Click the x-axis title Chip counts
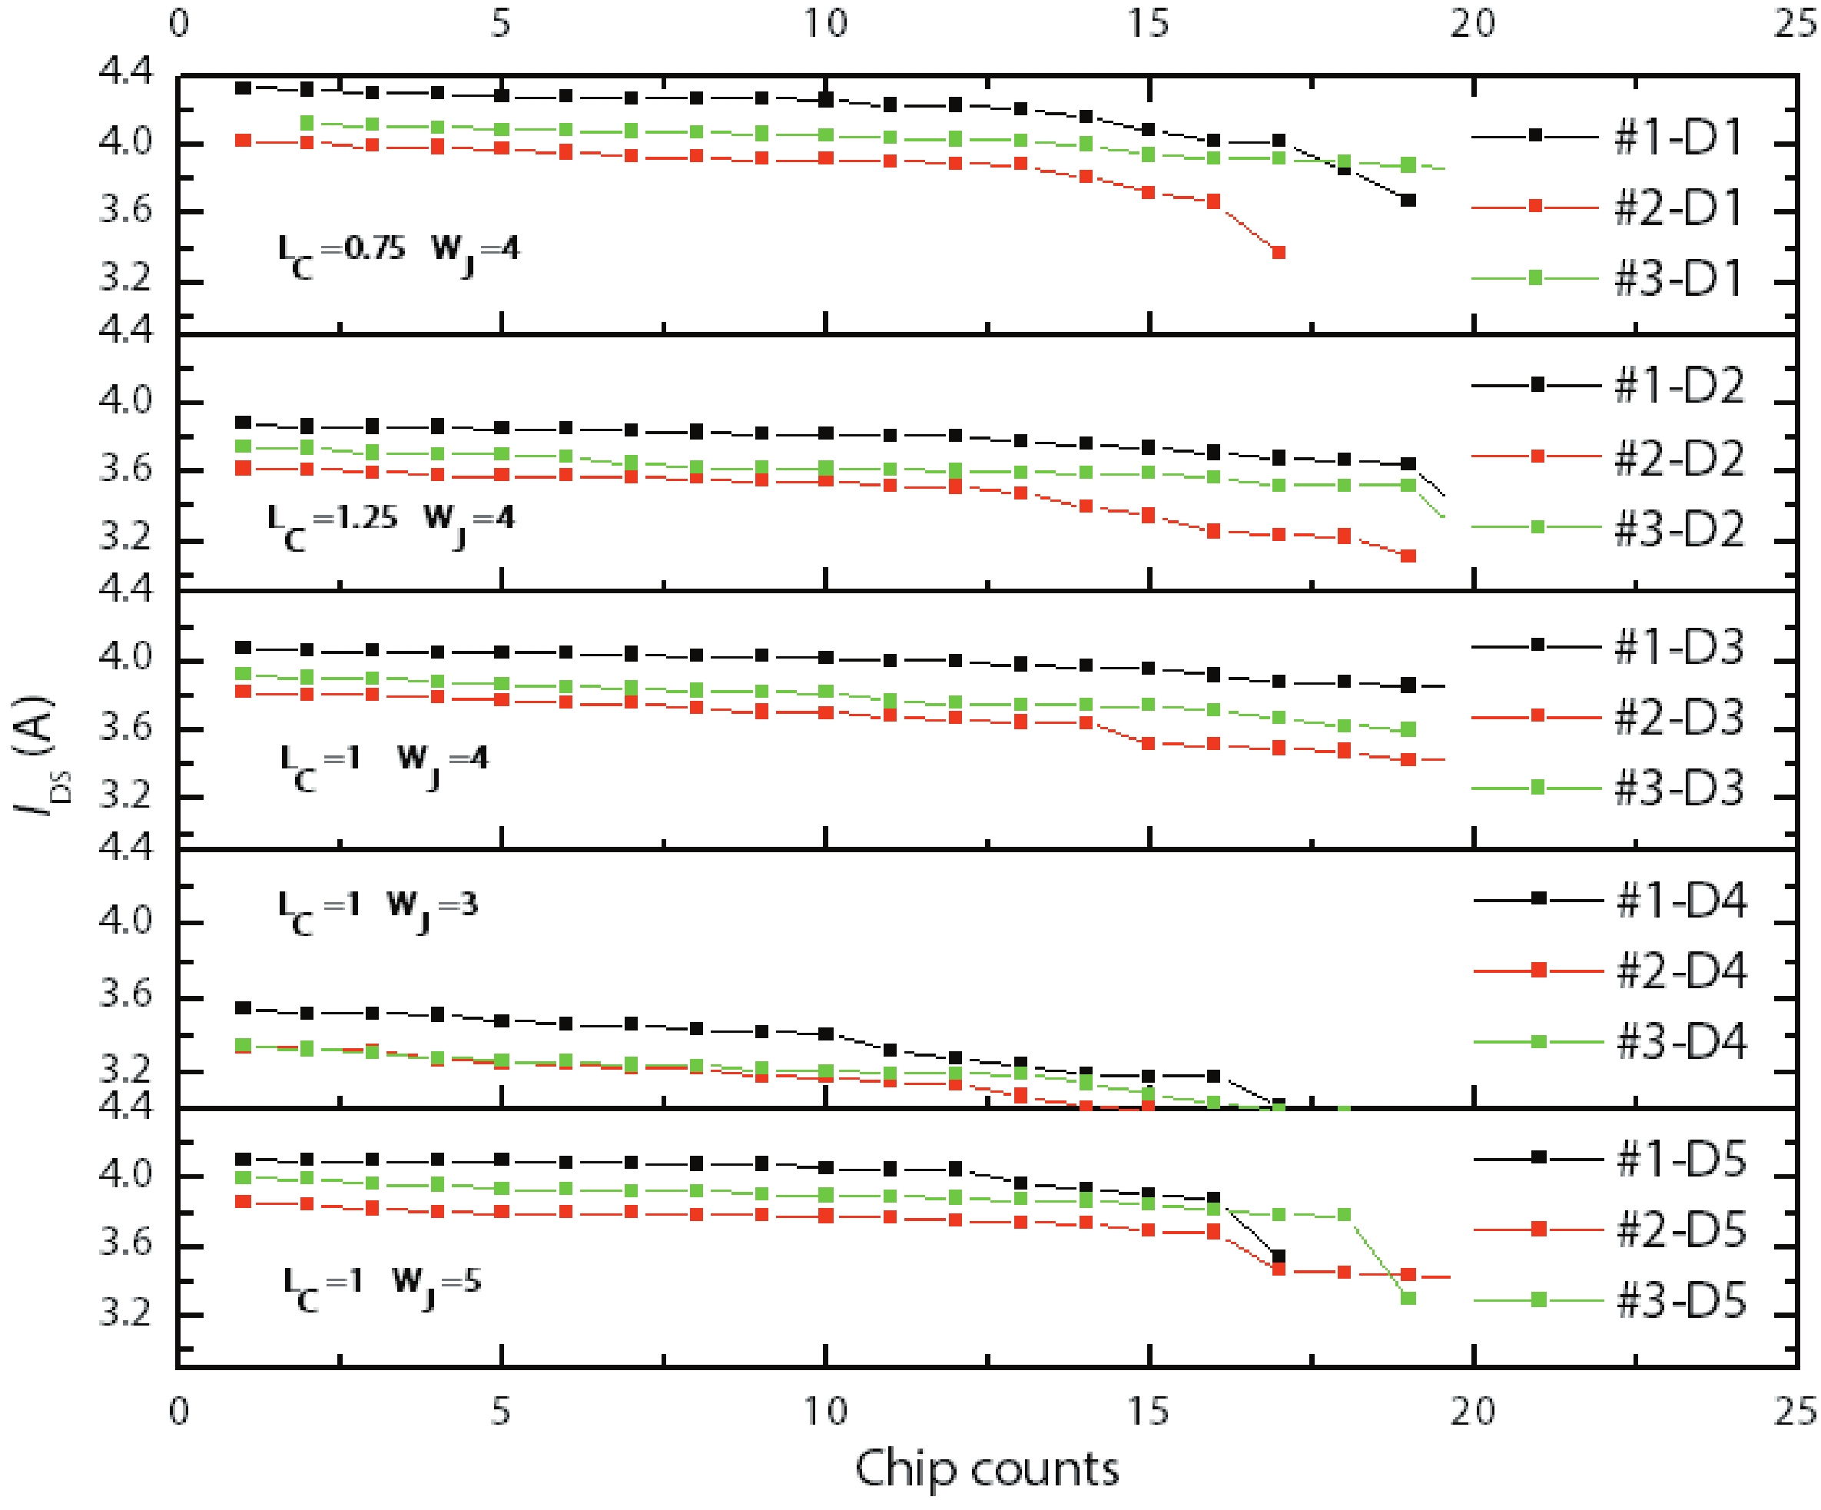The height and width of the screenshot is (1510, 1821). click(987, 1469)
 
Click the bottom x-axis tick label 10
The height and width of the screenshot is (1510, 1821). click(824, 1411)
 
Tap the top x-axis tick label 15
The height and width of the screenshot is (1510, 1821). click(1149, 22)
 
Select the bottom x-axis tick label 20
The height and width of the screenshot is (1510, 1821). click(1473, 1411)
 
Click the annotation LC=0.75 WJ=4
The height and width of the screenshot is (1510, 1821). click(398, 254)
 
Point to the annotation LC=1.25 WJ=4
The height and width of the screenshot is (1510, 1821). click(390, 523)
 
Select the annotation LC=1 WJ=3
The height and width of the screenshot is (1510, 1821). click(377, 911)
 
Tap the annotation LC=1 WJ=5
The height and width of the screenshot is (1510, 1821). click(382, 1286)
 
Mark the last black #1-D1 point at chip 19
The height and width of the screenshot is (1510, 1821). click(1408, 201)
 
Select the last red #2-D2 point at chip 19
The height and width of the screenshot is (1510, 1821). click(1408, 556)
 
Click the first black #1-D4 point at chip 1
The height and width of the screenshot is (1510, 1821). click(244, 1008)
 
